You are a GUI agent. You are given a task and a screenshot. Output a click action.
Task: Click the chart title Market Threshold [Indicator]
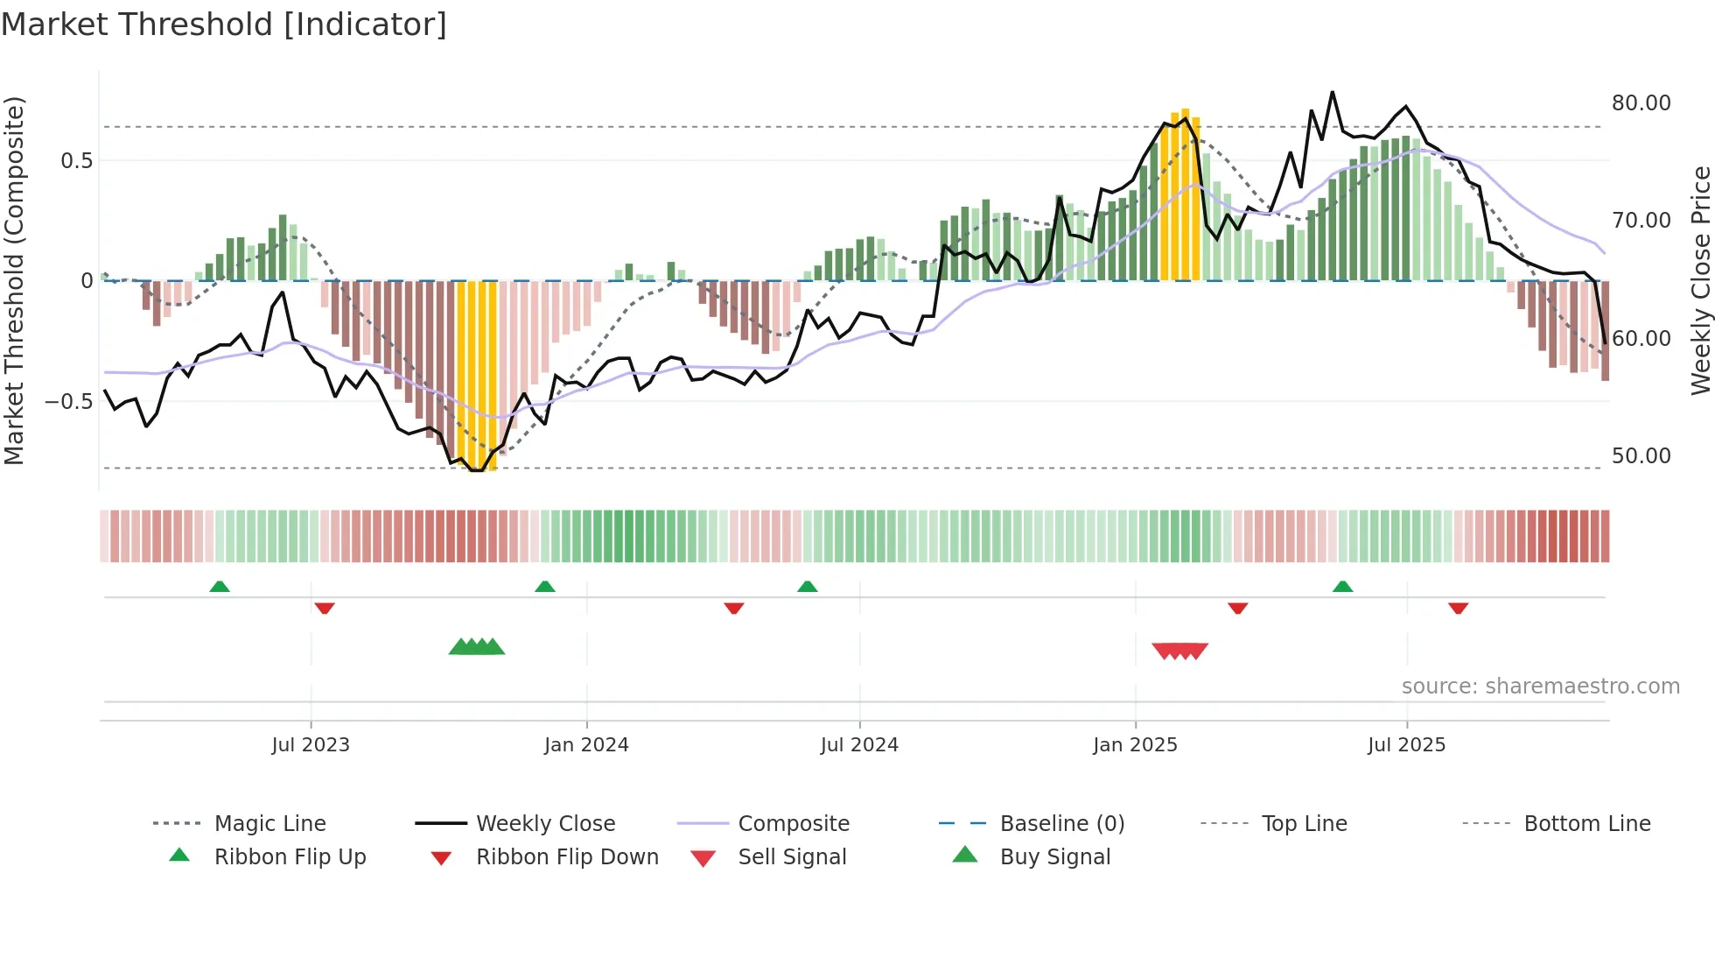coord(224,25)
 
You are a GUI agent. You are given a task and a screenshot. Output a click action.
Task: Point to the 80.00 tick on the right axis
coord(1641,103)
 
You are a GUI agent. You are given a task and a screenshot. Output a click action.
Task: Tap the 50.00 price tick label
coord(1641,456)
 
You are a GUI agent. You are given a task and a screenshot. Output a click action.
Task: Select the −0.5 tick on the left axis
coord(68,402)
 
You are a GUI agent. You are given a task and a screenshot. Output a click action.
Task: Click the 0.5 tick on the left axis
coord(76,161)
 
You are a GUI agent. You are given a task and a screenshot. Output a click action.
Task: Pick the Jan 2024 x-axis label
coord(586,745)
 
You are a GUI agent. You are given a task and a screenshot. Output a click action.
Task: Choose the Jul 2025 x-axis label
coord(1406,745)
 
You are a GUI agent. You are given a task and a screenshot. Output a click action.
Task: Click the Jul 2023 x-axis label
coord(311,745)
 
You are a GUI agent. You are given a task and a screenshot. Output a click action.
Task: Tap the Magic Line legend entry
coord(269,824)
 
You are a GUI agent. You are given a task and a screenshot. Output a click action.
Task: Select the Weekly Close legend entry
coord(545,824)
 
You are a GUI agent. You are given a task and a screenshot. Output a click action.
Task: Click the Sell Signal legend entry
coord(792,857)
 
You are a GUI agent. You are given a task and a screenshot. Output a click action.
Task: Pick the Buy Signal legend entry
coord(1054,857)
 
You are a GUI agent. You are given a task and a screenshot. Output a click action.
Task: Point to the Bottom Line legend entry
coord(1586,824)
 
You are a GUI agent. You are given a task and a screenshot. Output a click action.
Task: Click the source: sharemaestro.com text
coord(1540,687)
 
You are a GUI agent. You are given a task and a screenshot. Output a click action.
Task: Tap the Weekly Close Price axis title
coord(1700,280)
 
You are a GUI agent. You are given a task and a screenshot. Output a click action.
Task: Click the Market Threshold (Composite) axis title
coord(14,280)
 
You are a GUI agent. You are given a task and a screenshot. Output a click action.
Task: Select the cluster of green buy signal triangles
coord(477,647)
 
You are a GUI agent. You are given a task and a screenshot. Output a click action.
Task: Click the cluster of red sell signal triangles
coord(1179,651)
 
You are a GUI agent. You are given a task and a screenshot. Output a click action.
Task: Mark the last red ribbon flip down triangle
coord(1458,608)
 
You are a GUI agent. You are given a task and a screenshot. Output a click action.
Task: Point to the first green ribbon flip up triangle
coord(220,587)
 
